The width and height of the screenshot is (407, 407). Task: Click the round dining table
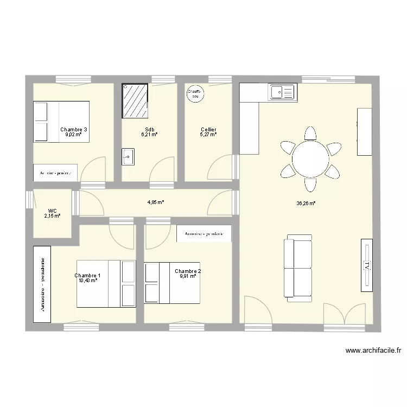point(310,158)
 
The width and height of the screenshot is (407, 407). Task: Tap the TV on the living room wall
point(367,266)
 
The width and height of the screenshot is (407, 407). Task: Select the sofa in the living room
point(299,268)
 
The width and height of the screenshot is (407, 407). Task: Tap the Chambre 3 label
point(74,130)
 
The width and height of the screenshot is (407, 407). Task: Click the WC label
point(53,211)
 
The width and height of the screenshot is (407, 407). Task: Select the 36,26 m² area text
point(306,204)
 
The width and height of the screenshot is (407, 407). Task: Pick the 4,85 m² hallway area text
point(155,202)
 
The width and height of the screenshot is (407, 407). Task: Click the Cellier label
point(208,130)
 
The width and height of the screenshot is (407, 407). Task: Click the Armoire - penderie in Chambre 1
point(42,284)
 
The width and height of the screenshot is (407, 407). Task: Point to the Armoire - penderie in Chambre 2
point(204,234)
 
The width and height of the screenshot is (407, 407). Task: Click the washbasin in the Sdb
point(128,157)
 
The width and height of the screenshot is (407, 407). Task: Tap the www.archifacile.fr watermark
point(373,351)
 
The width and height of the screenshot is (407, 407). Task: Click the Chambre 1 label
point(87,276)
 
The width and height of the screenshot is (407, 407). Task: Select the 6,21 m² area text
point(149,135)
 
